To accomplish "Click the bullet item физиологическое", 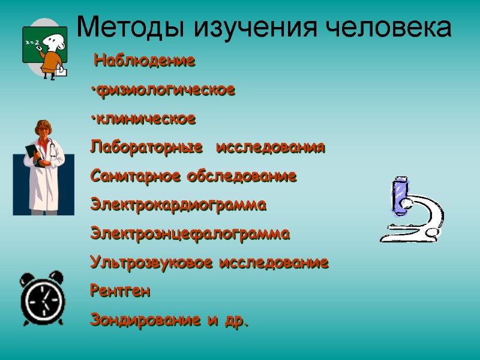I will tap(164, 91).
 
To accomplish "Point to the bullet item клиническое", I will tap(145, 119).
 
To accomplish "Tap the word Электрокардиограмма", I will tap(178, 205).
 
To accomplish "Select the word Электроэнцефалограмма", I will tap(190, 233).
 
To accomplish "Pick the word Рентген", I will tap(121, 292).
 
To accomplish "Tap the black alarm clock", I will tap(42, 297).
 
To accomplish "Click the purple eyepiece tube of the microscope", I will tap(398, 194).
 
